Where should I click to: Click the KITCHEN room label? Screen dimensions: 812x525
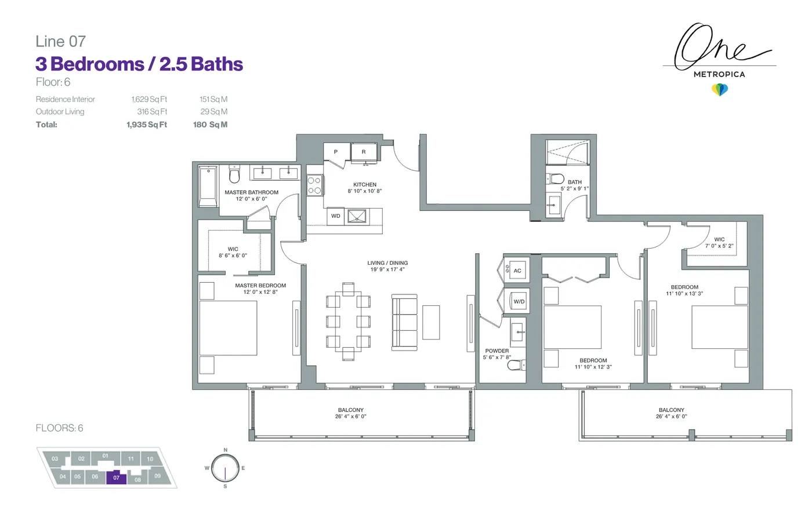(365, 185)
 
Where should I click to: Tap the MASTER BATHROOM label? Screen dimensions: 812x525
(251, 192)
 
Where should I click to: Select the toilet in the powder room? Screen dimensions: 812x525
(516, 365)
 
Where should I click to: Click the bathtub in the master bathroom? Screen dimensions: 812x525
(208, 186)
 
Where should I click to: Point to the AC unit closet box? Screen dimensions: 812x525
(517, 270)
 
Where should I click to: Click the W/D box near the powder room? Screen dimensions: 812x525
(519, 301)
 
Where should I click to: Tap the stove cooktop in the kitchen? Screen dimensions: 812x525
(314, 185)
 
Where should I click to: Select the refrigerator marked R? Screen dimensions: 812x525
(364, 152)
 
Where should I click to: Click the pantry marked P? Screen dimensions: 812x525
(336, 152)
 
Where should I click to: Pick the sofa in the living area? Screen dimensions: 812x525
(404, 323)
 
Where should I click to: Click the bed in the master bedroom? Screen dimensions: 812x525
(228, 328)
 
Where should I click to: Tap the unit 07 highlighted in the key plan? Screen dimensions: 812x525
(116, 477)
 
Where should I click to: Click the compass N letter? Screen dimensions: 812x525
(226, 450)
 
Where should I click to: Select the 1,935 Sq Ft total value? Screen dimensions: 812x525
(146, 125)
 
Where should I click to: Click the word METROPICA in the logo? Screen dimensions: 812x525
(719, 75)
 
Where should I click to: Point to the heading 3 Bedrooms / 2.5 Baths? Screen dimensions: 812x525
(139, 64)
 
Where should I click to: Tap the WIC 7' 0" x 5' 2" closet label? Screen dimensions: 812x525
(719, 243)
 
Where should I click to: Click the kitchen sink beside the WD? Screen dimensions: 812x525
(357, 217)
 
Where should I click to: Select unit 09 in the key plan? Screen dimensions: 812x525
(157, 476)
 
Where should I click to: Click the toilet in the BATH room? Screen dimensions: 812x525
(556, 178)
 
